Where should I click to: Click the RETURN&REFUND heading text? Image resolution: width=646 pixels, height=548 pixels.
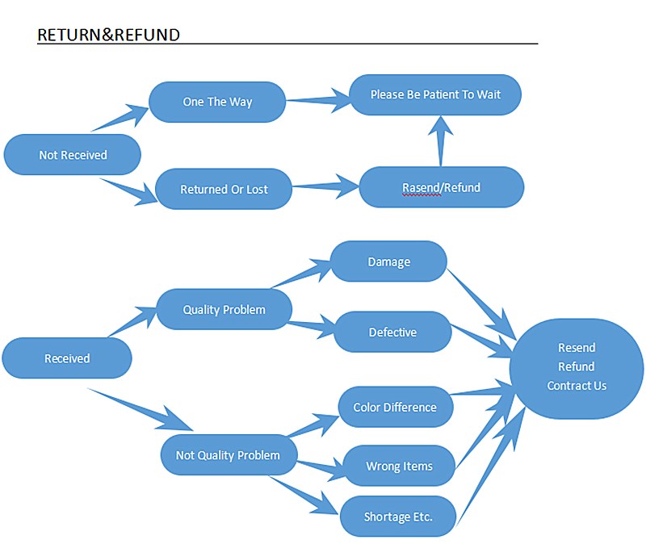click(108, 35)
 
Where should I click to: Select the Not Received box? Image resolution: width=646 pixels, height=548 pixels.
click(73, 154)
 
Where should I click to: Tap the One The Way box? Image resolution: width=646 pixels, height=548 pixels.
click(217, 102)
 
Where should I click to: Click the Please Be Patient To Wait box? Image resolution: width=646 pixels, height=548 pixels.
click(435, 94)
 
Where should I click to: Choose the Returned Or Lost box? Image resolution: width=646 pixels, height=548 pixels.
click(224, 189)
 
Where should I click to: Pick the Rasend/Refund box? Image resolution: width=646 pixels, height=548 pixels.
click(441, 187)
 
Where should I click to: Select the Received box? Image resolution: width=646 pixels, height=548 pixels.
click(67, 358)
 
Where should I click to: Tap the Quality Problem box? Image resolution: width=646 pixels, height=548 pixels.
click(224, 309)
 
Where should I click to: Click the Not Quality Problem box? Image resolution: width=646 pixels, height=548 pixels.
click(228, 455)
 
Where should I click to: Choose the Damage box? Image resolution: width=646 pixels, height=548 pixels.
click(389, 261)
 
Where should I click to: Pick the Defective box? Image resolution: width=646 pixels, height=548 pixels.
click(392, 332)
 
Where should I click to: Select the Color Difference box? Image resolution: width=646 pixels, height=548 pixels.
click(395, 407)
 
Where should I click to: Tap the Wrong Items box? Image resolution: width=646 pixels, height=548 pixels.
click(399, 466)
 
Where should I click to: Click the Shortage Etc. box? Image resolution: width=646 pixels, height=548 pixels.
click(398, 516)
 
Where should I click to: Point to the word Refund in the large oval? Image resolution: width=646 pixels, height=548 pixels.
click(577, 366)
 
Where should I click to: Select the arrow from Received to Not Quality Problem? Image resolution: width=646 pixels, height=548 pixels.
click(141, 409)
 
